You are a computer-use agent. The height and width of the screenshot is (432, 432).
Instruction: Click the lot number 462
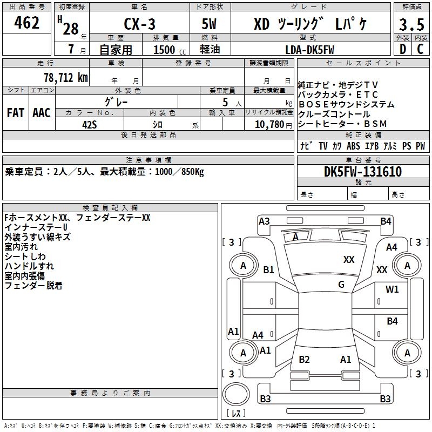coord(26,22)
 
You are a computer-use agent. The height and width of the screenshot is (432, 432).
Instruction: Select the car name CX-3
coord(139,24)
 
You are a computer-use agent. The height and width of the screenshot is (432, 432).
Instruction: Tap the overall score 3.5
coord(411,24)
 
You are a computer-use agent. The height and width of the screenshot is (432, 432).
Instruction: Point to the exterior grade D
coord(403,49)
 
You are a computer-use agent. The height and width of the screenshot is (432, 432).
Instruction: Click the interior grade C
coord(420,49)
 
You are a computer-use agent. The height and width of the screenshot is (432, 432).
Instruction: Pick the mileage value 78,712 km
coord(66,78)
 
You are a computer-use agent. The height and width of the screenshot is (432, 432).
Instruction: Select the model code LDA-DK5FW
coord(309,50)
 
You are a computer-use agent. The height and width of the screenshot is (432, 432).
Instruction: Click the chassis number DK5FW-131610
coord(363,172)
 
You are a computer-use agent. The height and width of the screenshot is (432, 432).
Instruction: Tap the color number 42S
coord(90,125)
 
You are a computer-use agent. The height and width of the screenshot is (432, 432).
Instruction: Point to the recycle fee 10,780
coord(269,125)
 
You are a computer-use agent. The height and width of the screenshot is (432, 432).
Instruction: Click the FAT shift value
coord(16,113)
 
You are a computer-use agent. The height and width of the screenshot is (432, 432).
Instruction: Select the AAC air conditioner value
coord(42,113)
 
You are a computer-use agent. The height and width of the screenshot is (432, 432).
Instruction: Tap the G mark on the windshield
coord(341,285)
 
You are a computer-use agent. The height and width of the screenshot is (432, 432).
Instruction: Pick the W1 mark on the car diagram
coord(392,289)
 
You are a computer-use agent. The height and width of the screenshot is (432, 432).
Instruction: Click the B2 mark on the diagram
coord(304,359)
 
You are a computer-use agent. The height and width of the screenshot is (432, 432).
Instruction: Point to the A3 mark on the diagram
coord(264,221)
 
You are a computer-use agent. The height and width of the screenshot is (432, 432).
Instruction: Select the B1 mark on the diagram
coord(268,269)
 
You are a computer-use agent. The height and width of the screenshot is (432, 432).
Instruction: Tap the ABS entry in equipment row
coord(353,146)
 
